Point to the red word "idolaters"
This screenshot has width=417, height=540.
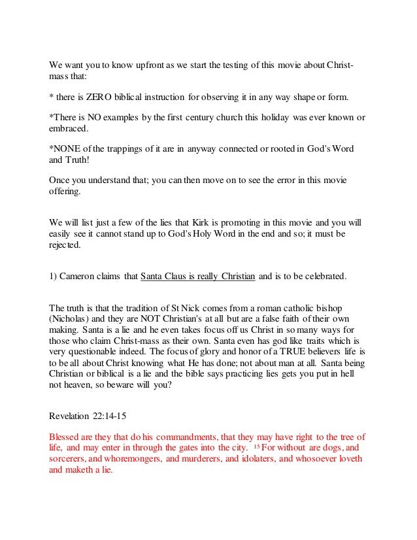tap(279, 459)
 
